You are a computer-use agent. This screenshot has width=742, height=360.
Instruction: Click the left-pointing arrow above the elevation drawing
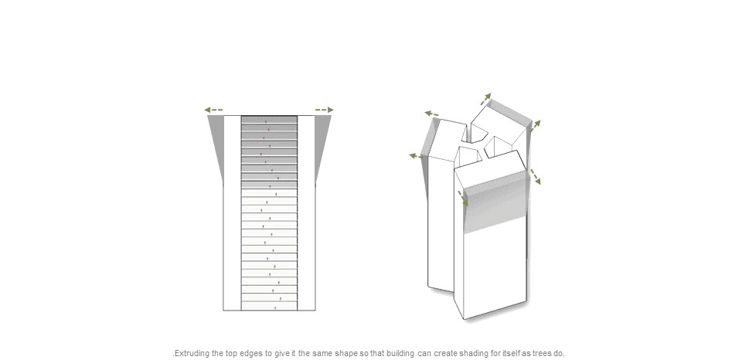(x=213, y=110)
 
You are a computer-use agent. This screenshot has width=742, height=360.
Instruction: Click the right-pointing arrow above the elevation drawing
(x=325, y=110)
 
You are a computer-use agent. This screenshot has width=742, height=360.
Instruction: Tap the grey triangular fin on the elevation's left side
(x=216, y=142)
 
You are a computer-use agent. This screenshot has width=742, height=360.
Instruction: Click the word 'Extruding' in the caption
(x=192, y=353)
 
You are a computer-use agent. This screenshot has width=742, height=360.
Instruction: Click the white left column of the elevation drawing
(x=233, y=213)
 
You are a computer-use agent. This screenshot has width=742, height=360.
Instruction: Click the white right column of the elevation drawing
(x=306, y=213)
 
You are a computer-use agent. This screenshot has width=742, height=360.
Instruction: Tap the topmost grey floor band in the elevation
(x=269, y=120)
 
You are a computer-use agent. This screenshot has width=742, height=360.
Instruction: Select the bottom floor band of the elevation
(x=269, y=306)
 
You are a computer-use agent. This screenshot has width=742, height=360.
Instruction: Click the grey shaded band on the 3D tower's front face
(x=495, y=202)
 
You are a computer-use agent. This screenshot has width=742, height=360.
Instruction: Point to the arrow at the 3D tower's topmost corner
(x=485, y=100)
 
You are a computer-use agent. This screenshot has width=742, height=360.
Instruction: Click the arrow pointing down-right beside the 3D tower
(x=535, y=176)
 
